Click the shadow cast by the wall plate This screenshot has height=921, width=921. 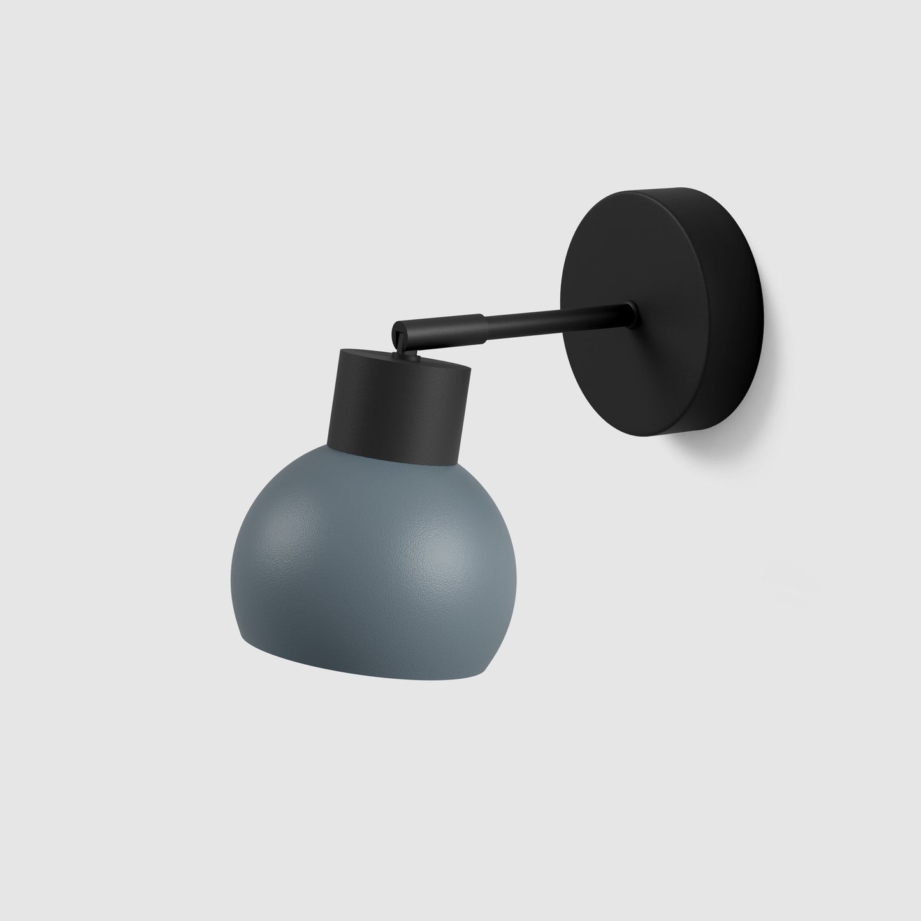pos(765,408)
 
